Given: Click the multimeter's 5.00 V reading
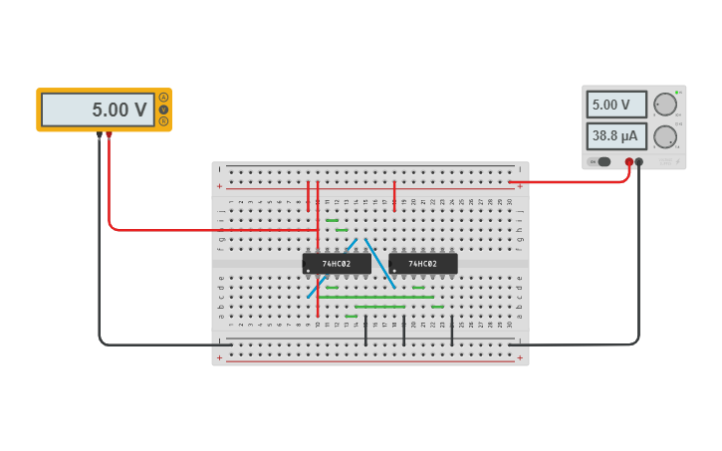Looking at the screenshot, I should (x=98, y=110).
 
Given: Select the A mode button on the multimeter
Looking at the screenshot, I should (x=163, y=98).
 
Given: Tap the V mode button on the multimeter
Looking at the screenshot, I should (x=163, y=110).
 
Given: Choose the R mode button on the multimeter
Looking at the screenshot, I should (x=163, y=121).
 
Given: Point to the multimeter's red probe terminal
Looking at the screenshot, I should (x=110, y=134).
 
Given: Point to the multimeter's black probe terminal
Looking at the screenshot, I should (x=99, y=134).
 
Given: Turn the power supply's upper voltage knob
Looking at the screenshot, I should (x=665, y=105).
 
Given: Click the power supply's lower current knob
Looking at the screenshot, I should (x=665, y=136).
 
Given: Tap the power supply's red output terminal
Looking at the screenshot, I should (x=628, y=161).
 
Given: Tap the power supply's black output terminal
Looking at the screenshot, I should (x=639, y=161).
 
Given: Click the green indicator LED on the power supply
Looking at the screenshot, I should (x=676, y=93).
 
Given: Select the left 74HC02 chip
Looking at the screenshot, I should (x=337, y=264).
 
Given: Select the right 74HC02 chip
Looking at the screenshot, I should (x=423, y=264).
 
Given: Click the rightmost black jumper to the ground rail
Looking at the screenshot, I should (x=452, y=332).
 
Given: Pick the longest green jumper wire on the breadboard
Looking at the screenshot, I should (x=376, y=297).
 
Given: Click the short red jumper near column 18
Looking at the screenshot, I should (x=394, y=195).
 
